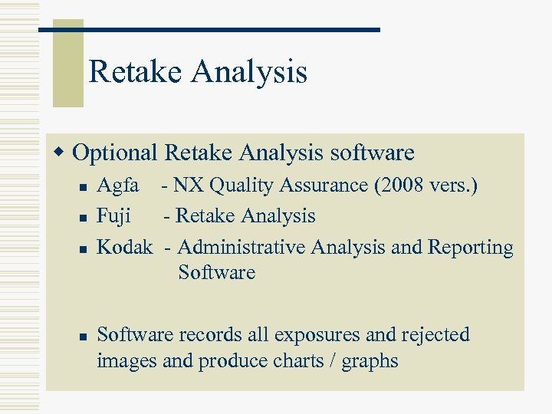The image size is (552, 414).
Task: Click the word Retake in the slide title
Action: [136, 72]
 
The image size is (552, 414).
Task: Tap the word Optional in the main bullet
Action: [115, 153]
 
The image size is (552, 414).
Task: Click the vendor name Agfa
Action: [118, 186]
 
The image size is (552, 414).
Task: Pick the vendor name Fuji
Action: [113, 216]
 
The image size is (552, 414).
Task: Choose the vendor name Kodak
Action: [125, 248]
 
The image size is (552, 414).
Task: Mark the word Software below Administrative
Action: [216, 272]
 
